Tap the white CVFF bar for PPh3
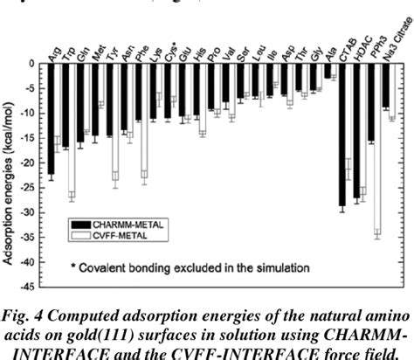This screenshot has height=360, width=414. [x=378, y=149]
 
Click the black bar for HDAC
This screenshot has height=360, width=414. [x=356, y=131]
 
